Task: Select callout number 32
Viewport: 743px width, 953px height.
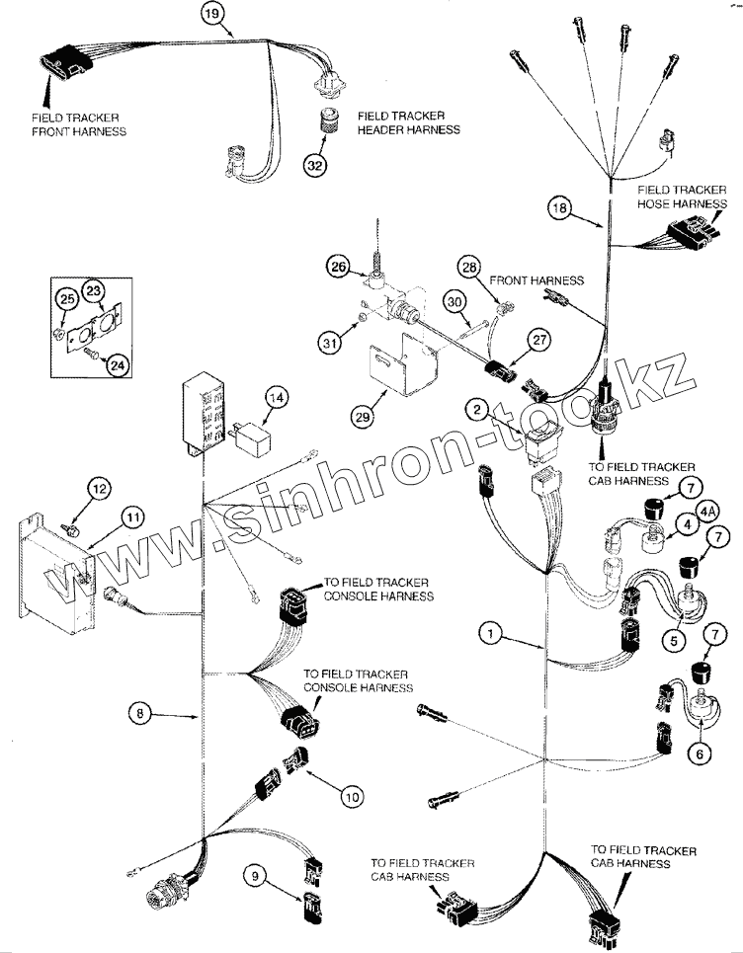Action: [315, 165]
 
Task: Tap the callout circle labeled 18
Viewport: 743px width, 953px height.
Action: [559, 207]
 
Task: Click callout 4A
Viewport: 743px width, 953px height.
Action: [706, 512]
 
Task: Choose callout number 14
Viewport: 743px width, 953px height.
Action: [276, 398]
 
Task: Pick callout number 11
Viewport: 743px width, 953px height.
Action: [133, 517]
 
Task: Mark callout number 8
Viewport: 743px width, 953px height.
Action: [140, 712]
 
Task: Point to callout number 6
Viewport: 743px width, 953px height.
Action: [700, 754]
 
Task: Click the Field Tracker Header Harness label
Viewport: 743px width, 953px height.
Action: [409, 122]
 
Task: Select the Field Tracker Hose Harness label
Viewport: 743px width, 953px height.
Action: [682, 197]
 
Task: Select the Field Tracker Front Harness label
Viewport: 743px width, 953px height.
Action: [78, 124]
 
